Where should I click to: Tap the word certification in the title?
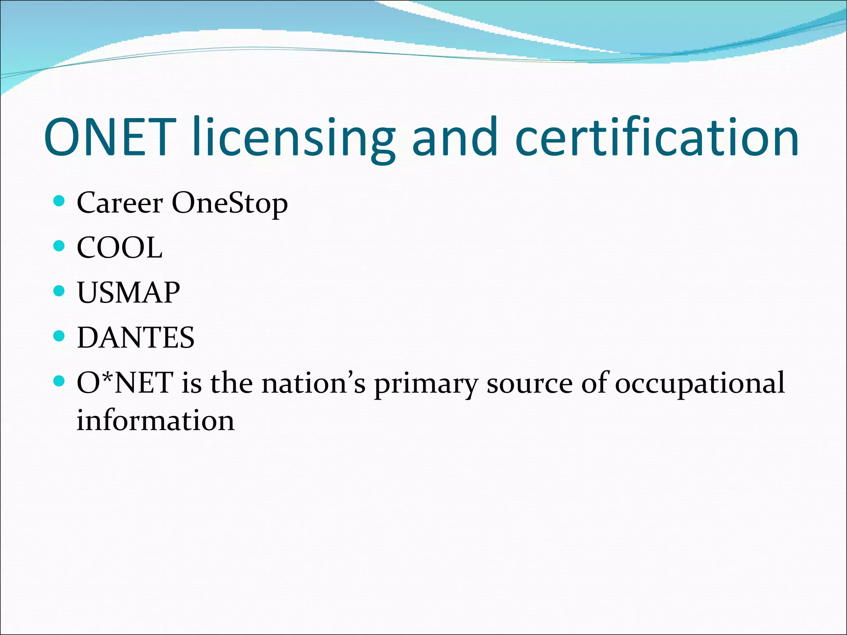click(x=658, y=137)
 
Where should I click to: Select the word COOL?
click(x=120, y=248)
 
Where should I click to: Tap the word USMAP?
click(x=128, y=293)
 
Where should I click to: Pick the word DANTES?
click(x=136, y=338)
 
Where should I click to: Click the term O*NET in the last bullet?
click(x=125, y=383)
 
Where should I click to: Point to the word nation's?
click(x=313, y=383)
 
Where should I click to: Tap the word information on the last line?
click(x=156, y=420)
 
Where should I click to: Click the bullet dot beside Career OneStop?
click(x=60, y=201)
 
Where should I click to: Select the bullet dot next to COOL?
click(x=60, y=246)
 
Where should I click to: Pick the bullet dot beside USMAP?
click(x=60, y=291)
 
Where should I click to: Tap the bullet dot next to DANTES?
click(x=60, y=336)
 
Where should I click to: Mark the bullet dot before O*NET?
click(x=60, y=381)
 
